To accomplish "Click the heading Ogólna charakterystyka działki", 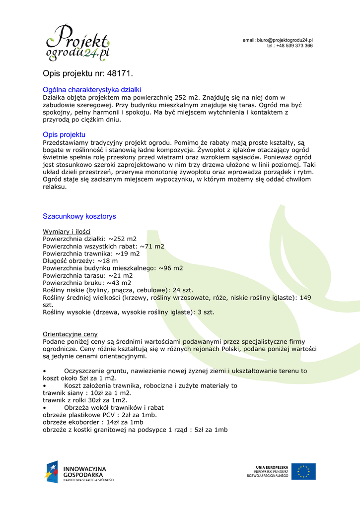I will coord(92,90).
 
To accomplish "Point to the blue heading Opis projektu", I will coord(64,134).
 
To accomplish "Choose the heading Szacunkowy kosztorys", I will coord(79,216).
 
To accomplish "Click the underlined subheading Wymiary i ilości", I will coord(67,232).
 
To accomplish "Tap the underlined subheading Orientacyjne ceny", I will coord(70,334).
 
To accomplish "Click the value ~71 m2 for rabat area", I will coord(152,246).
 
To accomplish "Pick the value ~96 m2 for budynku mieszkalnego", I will coord(171,268).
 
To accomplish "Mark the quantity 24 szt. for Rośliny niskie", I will coord(183,290).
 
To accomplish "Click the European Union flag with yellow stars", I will coord(303,471).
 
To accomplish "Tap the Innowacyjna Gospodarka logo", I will coord(79,472).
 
